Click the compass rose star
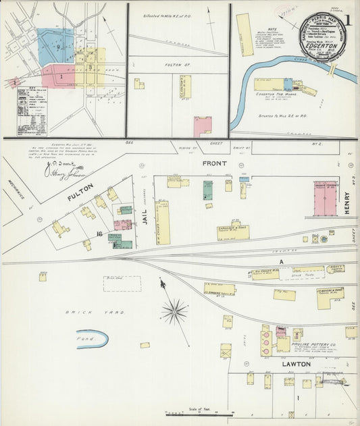174,311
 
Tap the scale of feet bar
199,413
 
